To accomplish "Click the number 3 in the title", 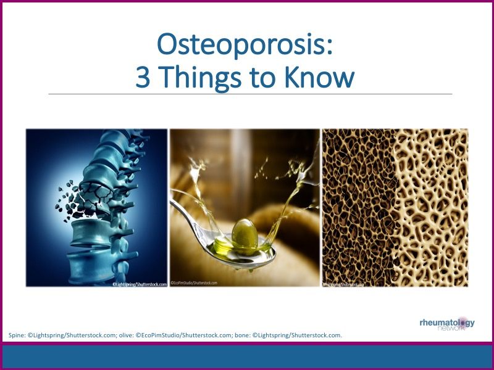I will [143, 78].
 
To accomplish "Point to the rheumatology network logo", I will [446, 324].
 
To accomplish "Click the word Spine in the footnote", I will [17, 335].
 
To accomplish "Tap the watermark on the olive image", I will [194, 283].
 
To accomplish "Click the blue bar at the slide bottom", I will [247, 356].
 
